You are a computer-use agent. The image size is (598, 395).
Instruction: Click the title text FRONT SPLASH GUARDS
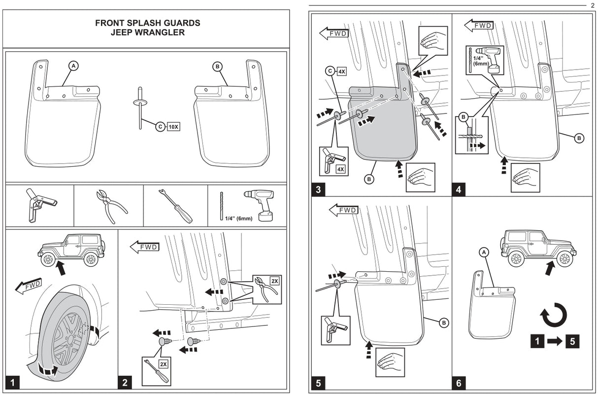click(x=147, y=23)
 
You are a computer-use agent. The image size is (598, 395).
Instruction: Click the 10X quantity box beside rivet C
click(x=174, y=126)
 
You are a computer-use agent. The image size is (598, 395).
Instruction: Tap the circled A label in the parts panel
click(x=73, y=66)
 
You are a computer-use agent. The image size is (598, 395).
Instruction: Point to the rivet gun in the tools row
click(x=39, y=204)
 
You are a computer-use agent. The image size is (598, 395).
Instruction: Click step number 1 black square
click(x=12, y=382)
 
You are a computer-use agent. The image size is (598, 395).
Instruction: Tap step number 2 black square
click(x=125, y=382)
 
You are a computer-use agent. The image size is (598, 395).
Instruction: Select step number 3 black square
click(x=318, y=188)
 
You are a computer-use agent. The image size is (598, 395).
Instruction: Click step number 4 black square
click(x=459, y=188)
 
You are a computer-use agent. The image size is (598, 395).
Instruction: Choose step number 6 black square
click(x=459, y=382)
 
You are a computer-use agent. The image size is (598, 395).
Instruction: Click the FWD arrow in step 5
click(x=343, y=211)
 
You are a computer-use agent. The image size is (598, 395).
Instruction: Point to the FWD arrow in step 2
click(x=145, y=246)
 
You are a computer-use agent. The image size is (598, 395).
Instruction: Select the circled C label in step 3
click(x=330, y=72)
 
